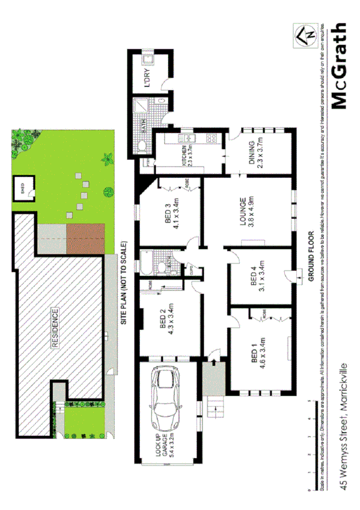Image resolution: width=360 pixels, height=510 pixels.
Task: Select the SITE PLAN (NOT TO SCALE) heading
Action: [x=124, y=283]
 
